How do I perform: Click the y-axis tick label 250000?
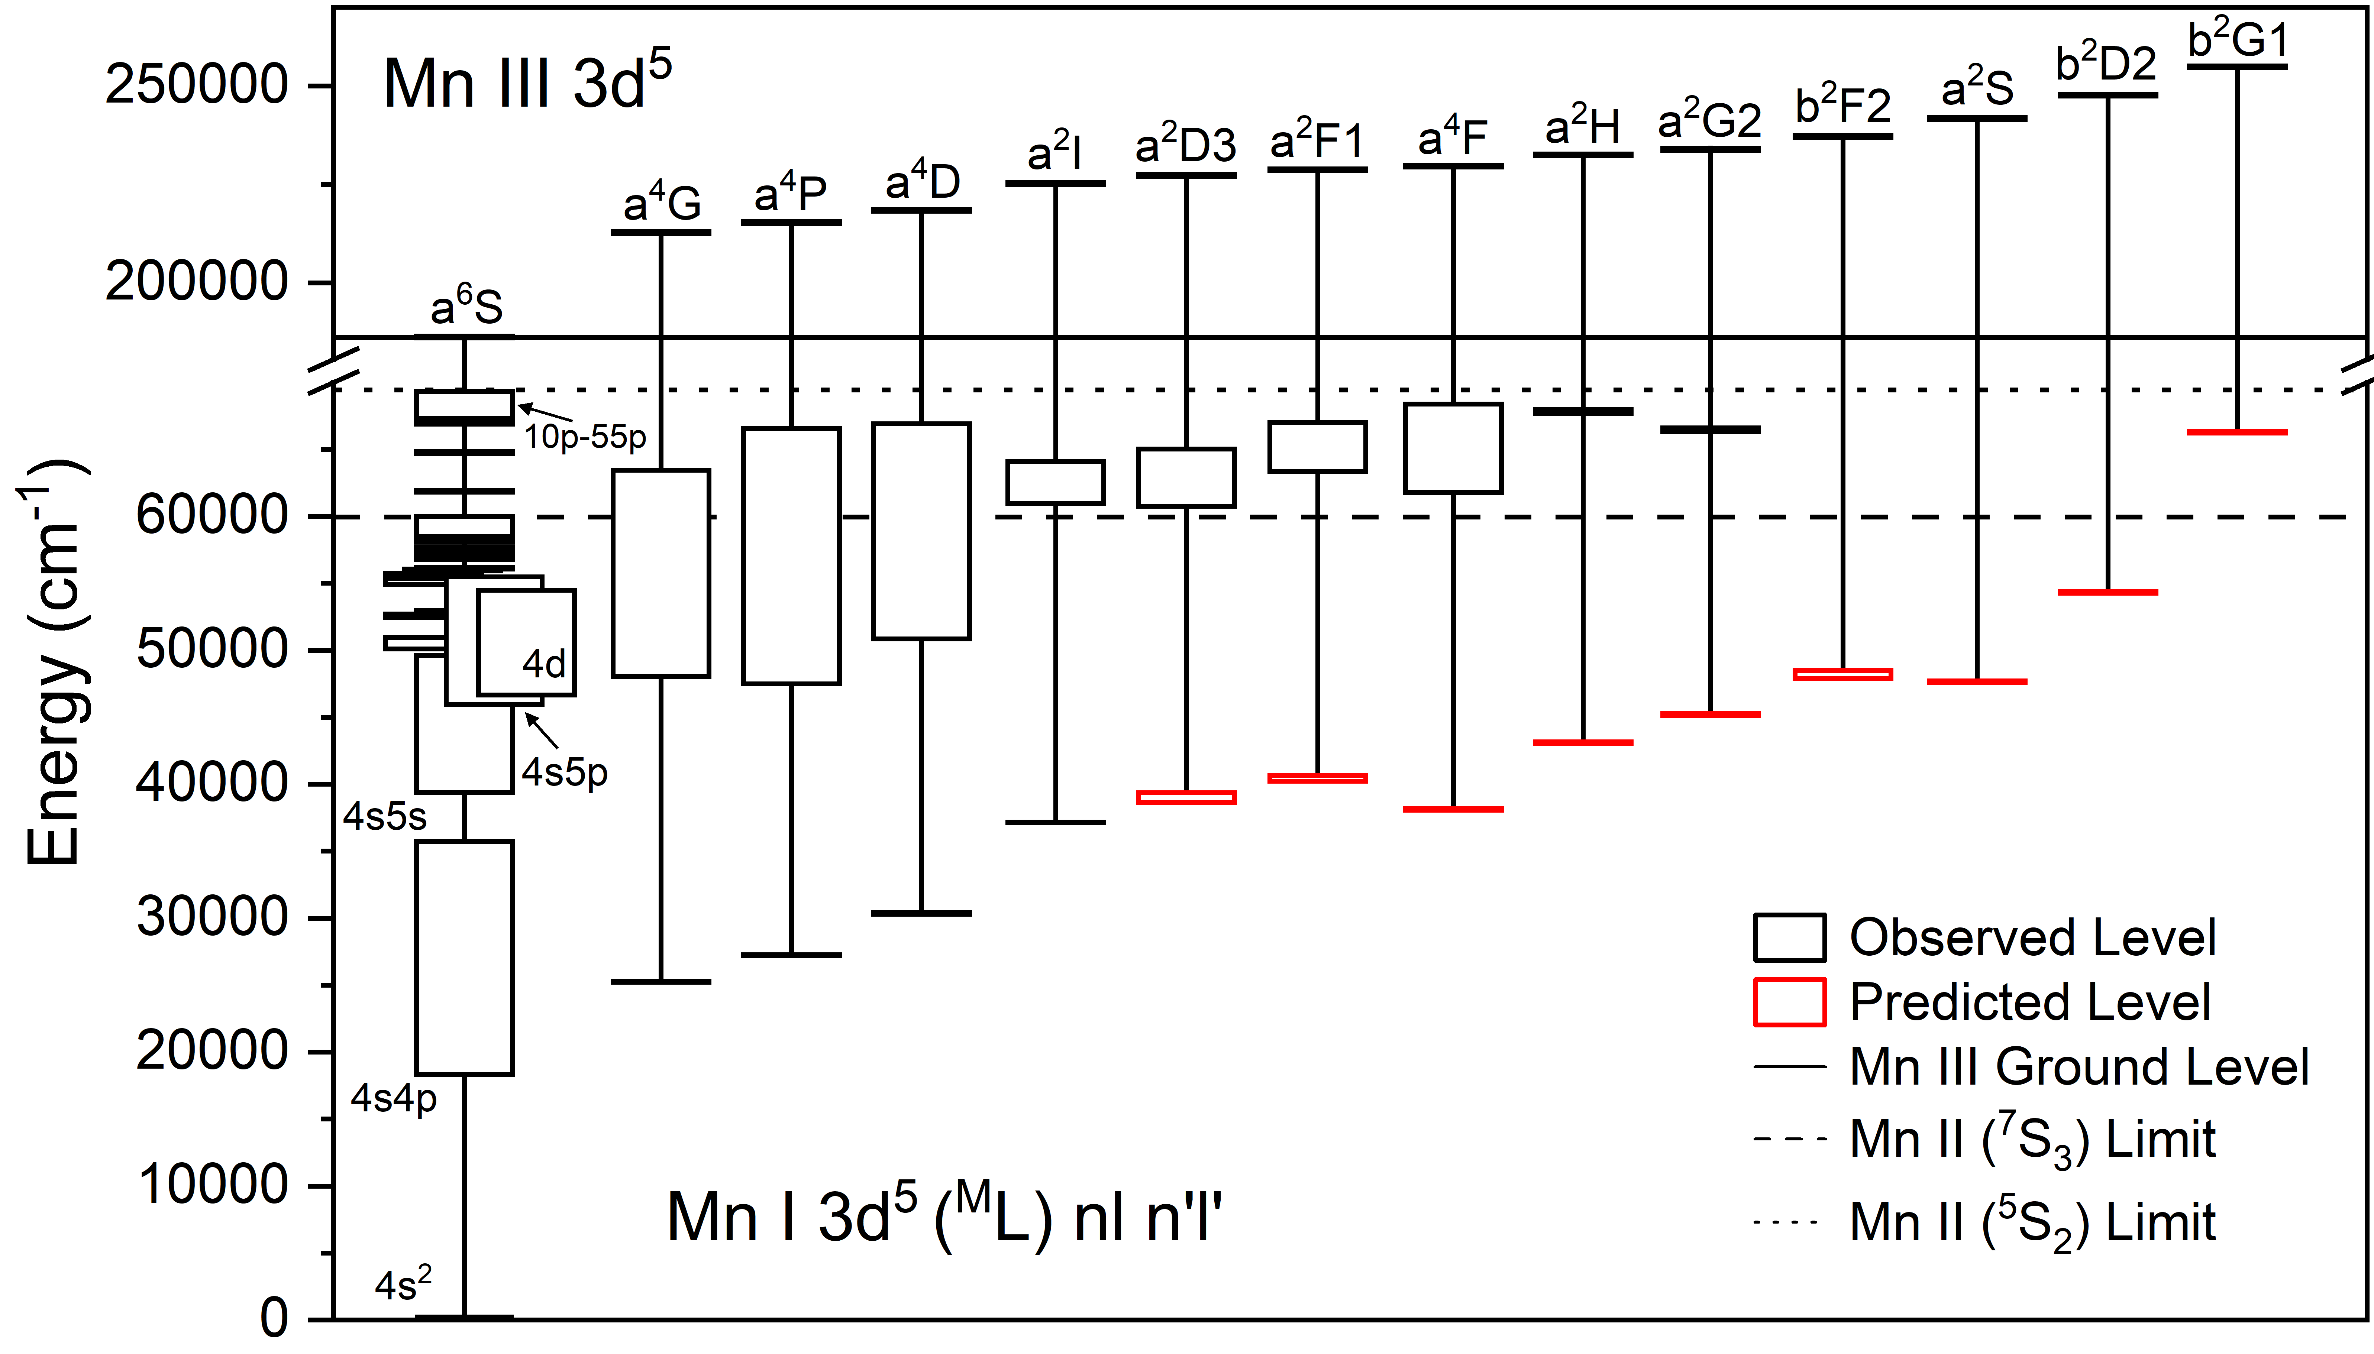[x=196, y=85]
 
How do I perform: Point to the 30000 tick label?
[x=212, y=918]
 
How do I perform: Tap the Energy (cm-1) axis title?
[x=54, y=662]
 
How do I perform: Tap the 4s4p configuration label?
[x=394, y=1099]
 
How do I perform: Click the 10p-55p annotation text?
[x=584, y=436]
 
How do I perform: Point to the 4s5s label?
[x=384, y=816]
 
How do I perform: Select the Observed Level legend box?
[x=1789, y=937]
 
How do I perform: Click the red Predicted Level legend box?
[x=1789, y=1002]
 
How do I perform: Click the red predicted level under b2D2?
[x=2107, y=592]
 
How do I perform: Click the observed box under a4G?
[x=660, y=573]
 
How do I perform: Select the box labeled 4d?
[x=527, y=642]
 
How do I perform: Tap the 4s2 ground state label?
[x=403, y=1285]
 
